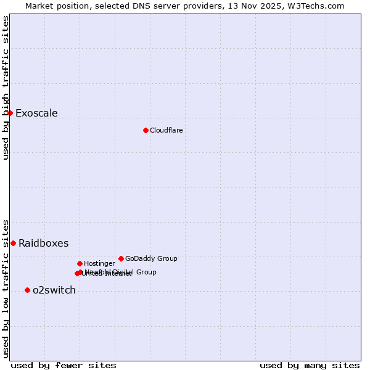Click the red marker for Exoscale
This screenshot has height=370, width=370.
coord(10,113)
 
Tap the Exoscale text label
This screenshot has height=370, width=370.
coord(36,113)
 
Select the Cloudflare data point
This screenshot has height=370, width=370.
coord(146,130)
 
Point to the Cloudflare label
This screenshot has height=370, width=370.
coord(166,131)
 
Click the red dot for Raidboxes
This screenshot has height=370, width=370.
coord(13,243)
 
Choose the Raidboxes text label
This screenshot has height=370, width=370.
coord(43,244)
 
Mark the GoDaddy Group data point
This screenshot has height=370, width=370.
coord(121,258)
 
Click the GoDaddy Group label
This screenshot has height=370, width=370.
coord(151,259)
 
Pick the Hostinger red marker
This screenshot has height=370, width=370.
coord(80,263)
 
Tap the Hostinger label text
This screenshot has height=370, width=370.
coord(99,264)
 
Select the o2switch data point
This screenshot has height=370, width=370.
coord(27,290)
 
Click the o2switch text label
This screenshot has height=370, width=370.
coord(54,290)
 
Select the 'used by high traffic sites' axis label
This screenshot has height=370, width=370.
coord(6,88)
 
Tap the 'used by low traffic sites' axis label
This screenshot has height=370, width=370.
coord(6,289)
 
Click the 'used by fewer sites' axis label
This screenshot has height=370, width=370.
coord(64,366)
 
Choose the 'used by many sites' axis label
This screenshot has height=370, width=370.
coord(310,366)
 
